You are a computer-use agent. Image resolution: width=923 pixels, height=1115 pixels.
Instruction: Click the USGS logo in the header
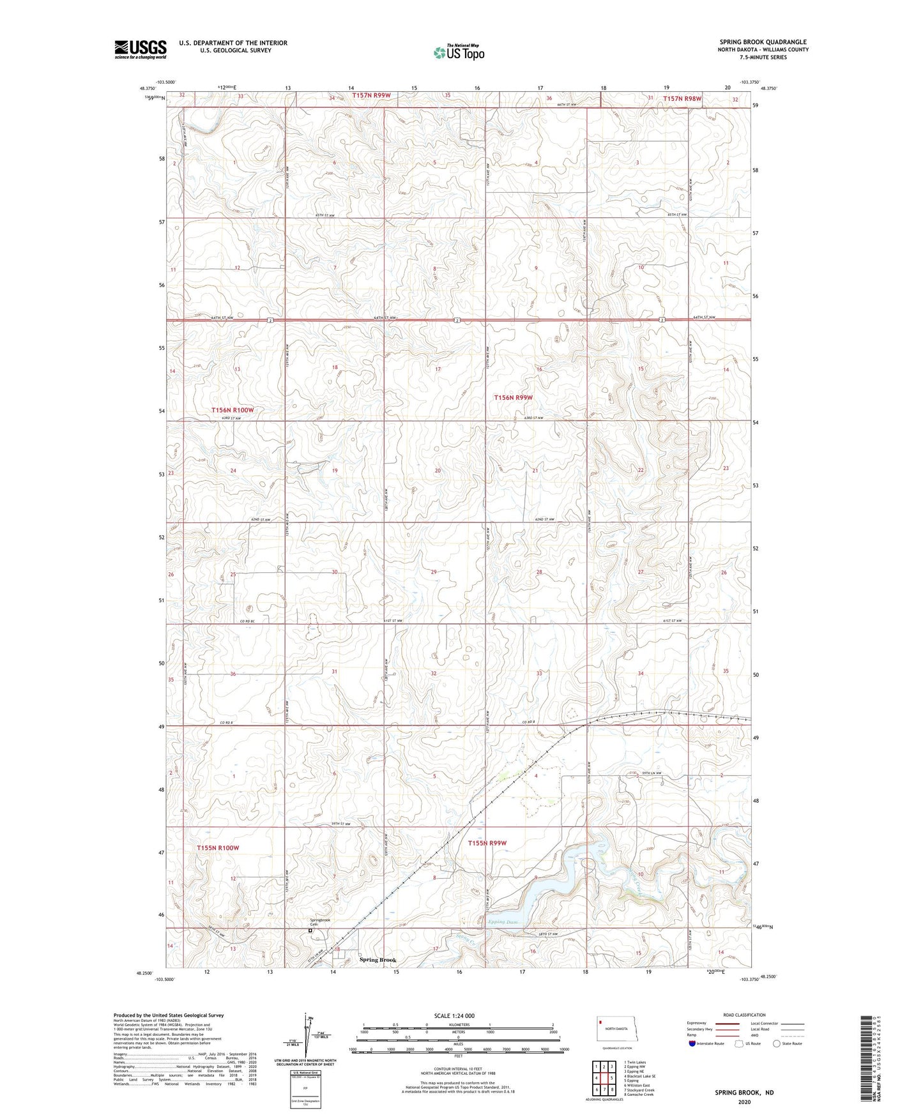click(141, 49)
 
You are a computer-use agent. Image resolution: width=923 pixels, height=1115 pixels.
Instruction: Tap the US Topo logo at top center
click(459, 52)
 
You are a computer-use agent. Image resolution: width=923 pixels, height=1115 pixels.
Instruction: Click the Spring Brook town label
click(378, 960)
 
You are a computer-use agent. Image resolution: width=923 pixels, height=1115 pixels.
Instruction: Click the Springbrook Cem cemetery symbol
click(310, 931)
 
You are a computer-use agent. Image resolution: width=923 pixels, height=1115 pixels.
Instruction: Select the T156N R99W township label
click(513, 397)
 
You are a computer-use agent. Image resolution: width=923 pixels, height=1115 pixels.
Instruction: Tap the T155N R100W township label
click(218, 847)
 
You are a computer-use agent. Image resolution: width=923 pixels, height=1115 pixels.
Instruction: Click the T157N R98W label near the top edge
click(682, 98)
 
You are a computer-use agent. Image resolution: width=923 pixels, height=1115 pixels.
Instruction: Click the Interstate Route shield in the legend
click(692, 1043)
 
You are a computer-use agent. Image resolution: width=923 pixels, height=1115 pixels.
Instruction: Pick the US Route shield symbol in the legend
click(740, 1043)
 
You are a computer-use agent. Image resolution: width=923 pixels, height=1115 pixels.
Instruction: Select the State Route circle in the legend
click(777, 1043)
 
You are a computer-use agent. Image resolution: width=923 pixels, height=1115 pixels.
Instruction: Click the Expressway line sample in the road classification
click(728, 1023)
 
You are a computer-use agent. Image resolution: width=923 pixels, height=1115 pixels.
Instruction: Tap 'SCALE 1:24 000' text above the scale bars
click(454, 1016)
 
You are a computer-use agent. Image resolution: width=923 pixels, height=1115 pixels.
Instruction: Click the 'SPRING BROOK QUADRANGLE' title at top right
click(763, 42)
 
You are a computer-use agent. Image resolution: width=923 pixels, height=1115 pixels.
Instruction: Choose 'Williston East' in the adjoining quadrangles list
click(637, 1085)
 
